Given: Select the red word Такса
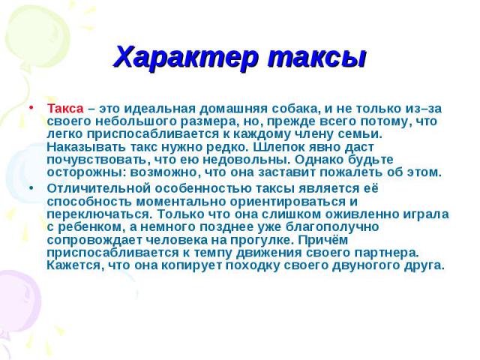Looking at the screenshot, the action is [x=65, y=109].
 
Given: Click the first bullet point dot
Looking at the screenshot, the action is [x=31, y=108].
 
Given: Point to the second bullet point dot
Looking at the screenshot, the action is [x=31, y=188].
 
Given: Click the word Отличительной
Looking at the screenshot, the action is [x=99, y=188].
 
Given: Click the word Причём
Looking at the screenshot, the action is [x=323, y=240].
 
